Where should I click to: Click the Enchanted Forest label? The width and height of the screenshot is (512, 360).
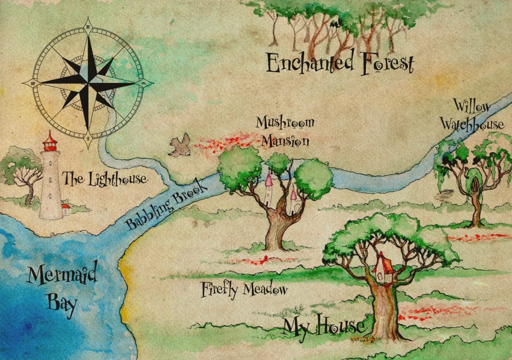pos(340,64)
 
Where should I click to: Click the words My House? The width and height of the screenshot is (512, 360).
pos(324,326)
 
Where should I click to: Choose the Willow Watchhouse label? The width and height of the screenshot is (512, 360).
pos(472,116)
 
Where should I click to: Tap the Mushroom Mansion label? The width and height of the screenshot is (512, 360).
pos(285,131)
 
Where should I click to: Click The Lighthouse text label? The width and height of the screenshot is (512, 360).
pos(105,179)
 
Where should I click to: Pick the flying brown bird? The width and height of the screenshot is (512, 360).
pos(180,146)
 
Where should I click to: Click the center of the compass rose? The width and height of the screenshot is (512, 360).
pos(88,82)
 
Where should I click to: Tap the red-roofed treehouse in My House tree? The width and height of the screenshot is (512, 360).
pos(382,268)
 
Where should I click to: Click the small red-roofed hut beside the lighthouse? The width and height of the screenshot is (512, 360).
pos(66,209)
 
